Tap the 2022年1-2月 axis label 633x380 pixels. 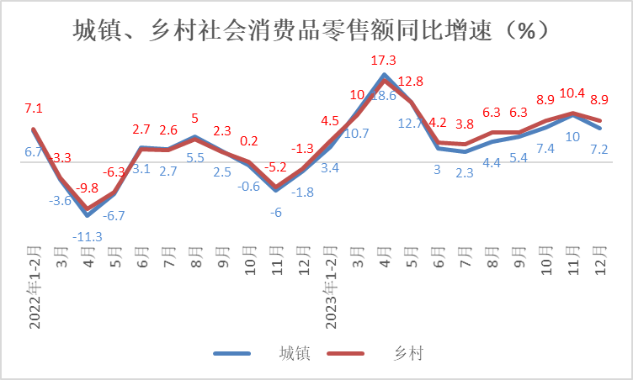(x=35, y=286)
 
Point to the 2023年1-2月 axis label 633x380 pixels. (x=331, y=286)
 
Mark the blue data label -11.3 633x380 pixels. (x=87, y=236)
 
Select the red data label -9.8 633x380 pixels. (x=87, y=187)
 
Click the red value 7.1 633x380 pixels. (x=34, y=108)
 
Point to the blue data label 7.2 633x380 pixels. (x=599, y=149)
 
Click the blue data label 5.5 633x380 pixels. (x=194, y=157)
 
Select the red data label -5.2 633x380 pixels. (x=275, y=167)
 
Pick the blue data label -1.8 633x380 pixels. (x=302, y=192)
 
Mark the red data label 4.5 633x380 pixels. (x=330, y=120)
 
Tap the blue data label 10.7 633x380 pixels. (x=357, y=133)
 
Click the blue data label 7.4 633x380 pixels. (x=545, y=149)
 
